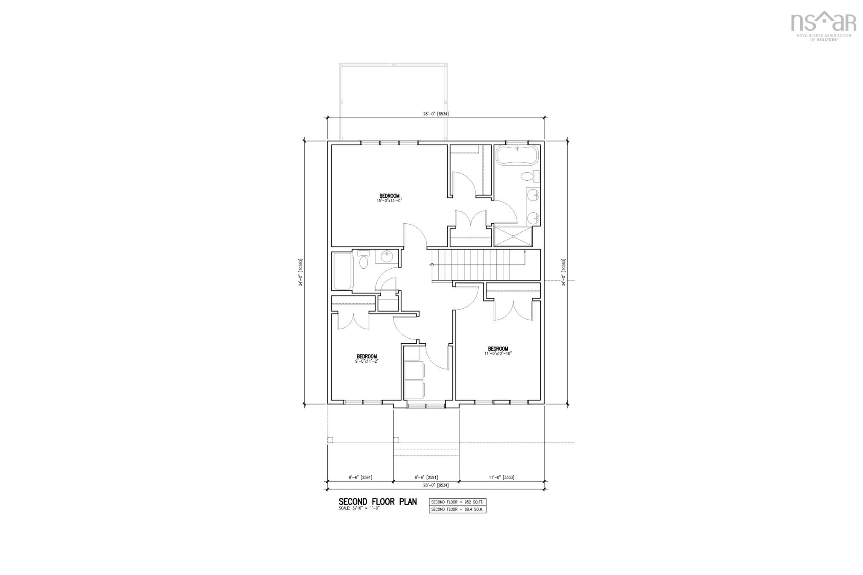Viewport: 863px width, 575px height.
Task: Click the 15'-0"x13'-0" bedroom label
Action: pyautogui.click(x=389, y=198)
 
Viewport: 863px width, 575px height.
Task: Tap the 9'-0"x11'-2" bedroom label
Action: pyautogui.click(x=367, y=358)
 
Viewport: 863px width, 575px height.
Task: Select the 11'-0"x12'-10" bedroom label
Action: pyautogui.click(x=498, y=351)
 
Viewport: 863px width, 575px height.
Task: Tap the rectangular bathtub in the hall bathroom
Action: pyautogui.click(x=343, y=270)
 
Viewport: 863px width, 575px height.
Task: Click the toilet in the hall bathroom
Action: pyautogui.click(x=364, y=260)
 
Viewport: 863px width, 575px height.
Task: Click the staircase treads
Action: pyautogui.click(x=476, y=265)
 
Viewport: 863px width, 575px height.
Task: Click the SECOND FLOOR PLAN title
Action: pyautogui.click(x=378, y=502)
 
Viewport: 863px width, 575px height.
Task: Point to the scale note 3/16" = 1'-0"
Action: pyautogui.click(x=359, y=508)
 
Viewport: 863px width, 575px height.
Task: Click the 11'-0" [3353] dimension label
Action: pyautogui.click(x=501, y=477)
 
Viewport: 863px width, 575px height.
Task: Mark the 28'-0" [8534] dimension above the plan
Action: pyautogui.click(x=436, y=113)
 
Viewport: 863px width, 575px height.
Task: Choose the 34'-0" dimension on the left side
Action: pyautogui.click(x=300, y=272)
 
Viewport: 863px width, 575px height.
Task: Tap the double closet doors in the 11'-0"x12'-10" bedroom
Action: pyautogui.click(x=513, y=310)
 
